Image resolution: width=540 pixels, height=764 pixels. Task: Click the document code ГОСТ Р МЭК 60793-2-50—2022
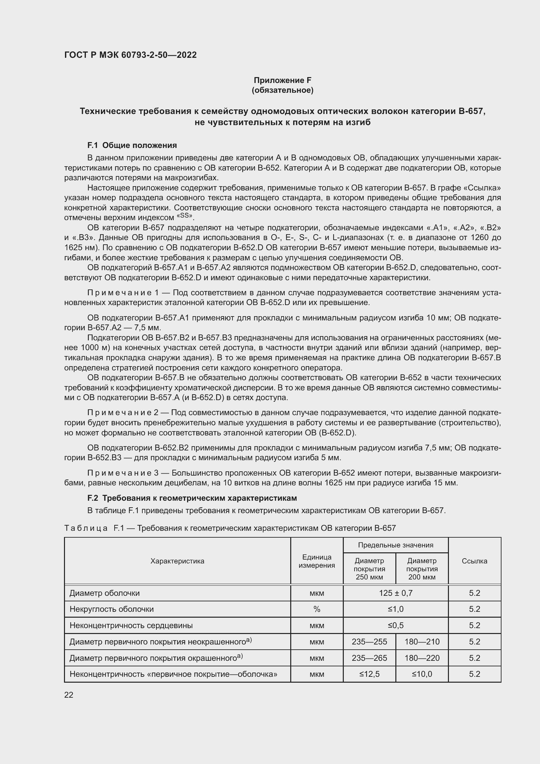pos(130,55)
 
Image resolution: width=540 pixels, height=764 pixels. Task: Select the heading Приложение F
pos(282,80)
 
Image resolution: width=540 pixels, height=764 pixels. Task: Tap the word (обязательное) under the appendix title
pos(282,90)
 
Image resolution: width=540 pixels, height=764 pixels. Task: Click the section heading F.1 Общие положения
pos(132,145)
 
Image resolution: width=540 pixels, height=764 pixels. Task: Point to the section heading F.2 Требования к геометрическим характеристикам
pos(192,498)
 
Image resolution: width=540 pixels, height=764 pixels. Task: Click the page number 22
pos(69,695)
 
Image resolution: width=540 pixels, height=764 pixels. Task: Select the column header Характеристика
pos(177,561)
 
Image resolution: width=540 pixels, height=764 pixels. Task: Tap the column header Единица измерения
pos(317,561)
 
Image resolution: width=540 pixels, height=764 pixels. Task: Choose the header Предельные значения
pos(395,545)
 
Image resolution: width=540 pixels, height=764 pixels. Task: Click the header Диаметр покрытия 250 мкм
pos(369,569)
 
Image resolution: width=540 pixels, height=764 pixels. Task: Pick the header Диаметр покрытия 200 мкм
pos(421,569)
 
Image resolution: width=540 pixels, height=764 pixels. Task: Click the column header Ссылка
pos(474,561)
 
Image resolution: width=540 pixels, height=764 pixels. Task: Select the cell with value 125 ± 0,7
pos(395,593)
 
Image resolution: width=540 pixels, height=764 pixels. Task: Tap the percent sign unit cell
pos(317,609)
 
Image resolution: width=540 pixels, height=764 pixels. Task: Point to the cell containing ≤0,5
pos(395,625)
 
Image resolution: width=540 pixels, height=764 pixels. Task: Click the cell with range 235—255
pos(369,642)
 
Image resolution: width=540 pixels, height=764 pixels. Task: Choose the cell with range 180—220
pos(421,658)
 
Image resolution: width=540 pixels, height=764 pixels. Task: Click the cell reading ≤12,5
pos(369,674)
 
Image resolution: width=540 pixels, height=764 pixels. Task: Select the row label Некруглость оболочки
pos(111,609)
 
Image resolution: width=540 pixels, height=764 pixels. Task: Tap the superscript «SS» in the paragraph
pos(184,216)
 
